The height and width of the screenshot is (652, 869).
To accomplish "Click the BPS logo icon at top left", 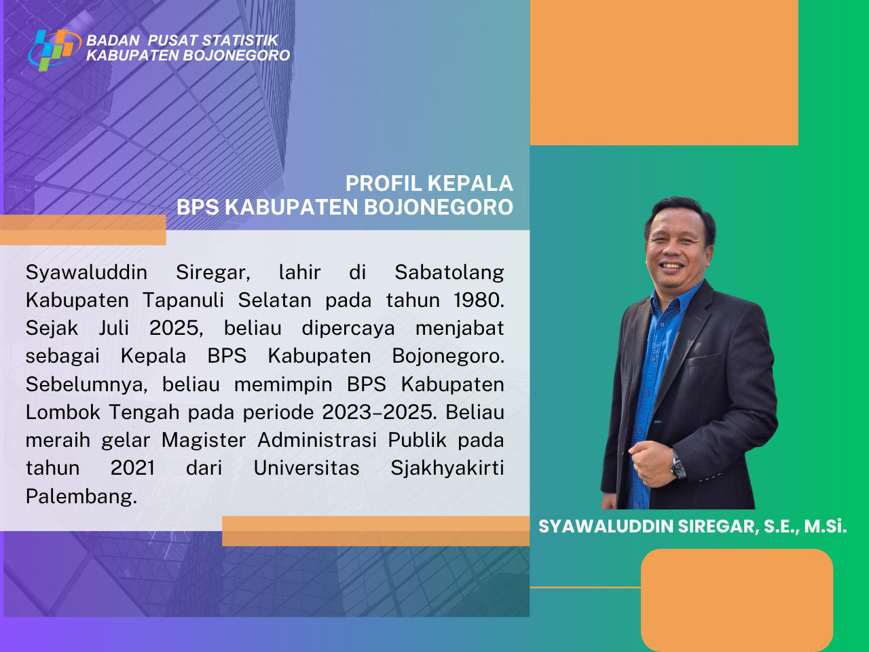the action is tap(55, 50).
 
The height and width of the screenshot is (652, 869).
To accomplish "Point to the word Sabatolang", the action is tap(449, 273).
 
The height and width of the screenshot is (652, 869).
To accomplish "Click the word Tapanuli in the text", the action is tap(183, 301).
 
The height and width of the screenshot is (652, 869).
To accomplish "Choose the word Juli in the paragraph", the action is tap(113, 328).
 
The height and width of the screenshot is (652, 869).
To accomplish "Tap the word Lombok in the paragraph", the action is tap(63, 412).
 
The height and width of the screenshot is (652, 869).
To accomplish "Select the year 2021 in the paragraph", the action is tap(132, 469).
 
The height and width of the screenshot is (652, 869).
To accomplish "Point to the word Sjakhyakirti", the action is tap(447, 469).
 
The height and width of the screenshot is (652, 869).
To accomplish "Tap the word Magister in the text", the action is tap(204, 441).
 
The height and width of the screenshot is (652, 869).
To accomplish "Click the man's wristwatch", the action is tap(678, 465).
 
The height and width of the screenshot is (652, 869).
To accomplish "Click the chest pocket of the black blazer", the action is tap(704, 359).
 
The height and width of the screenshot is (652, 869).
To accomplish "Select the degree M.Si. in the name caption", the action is tap(826, 526).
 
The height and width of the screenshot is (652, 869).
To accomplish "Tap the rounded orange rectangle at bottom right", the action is tap(737, 600).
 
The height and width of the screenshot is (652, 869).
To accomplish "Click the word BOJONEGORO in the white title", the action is tap(439, 207).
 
